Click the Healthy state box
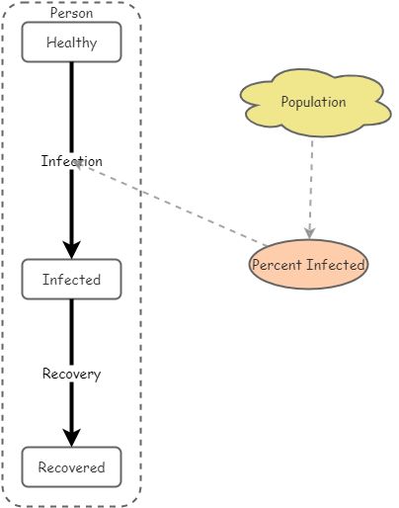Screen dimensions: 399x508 (x=71, y=42)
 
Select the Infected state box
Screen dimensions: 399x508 (x=71, y=280)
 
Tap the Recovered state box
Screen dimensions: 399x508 (x=71, y=466)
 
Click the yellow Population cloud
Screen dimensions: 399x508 (x=315, y=103)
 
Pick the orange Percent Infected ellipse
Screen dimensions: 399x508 (x=308, y=264)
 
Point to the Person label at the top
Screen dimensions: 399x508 (x=71, y=13)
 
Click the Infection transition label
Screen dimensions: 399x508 (x=72, y=161)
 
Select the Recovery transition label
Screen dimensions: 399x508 (x=71, y=374)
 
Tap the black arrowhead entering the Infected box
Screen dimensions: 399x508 (x=71, y=249)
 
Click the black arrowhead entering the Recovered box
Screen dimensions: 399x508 (x=71, y=438)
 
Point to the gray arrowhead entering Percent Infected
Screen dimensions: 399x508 (x=309, y=233)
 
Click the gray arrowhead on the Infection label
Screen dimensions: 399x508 (x=78, y=163)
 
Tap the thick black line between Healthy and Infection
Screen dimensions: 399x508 (x=71, y=108)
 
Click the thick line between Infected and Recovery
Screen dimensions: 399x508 (x=71, y=333)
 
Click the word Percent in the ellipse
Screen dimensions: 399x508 (x=277, y=265)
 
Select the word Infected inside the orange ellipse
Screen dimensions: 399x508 (x=336, y=265)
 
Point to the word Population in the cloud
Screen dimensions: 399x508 (x=313, y=102)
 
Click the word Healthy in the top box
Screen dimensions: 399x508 (x=72, y=42)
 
